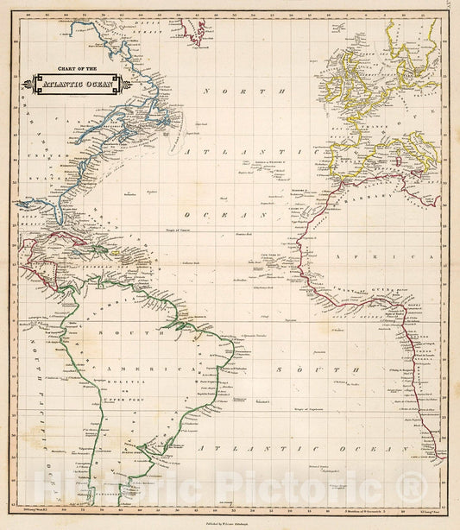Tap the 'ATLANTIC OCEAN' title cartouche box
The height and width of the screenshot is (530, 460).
[x=79, y=85]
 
